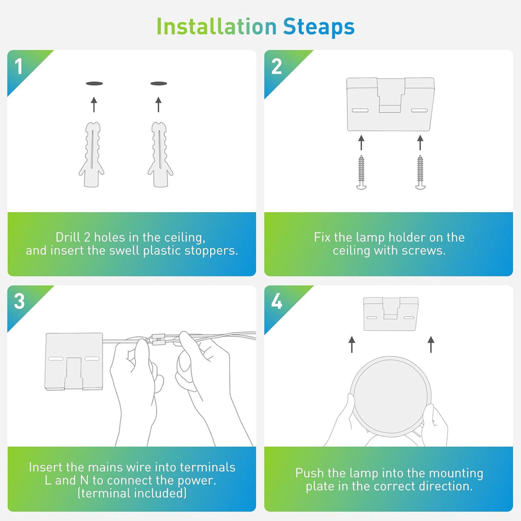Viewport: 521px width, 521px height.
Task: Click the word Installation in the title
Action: point(216,26)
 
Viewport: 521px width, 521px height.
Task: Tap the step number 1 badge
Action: point(19,67)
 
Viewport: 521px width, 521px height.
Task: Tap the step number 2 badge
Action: point(276,67)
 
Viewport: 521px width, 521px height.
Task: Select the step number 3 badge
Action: point(19,301)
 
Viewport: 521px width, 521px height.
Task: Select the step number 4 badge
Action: point(277,301)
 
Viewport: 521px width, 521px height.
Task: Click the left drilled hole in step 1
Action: point(94,83)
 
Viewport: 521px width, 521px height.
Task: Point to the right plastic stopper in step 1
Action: point(160,155)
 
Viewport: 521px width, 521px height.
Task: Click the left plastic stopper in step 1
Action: point(92,155)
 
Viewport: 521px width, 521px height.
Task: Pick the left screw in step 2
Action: point(361,172)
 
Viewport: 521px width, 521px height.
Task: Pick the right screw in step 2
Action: point(420,172)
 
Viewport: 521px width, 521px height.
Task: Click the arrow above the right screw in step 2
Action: point(420,142)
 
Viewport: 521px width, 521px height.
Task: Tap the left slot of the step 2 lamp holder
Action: point(360,110)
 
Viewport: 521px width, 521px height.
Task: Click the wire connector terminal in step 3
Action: point(159,339)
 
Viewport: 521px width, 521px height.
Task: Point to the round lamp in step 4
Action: point(391,396)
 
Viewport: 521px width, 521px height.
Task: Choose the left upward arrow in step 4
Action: point(352,344)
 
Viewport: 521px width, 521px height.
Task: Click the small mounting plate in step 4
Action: point(391,314)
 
